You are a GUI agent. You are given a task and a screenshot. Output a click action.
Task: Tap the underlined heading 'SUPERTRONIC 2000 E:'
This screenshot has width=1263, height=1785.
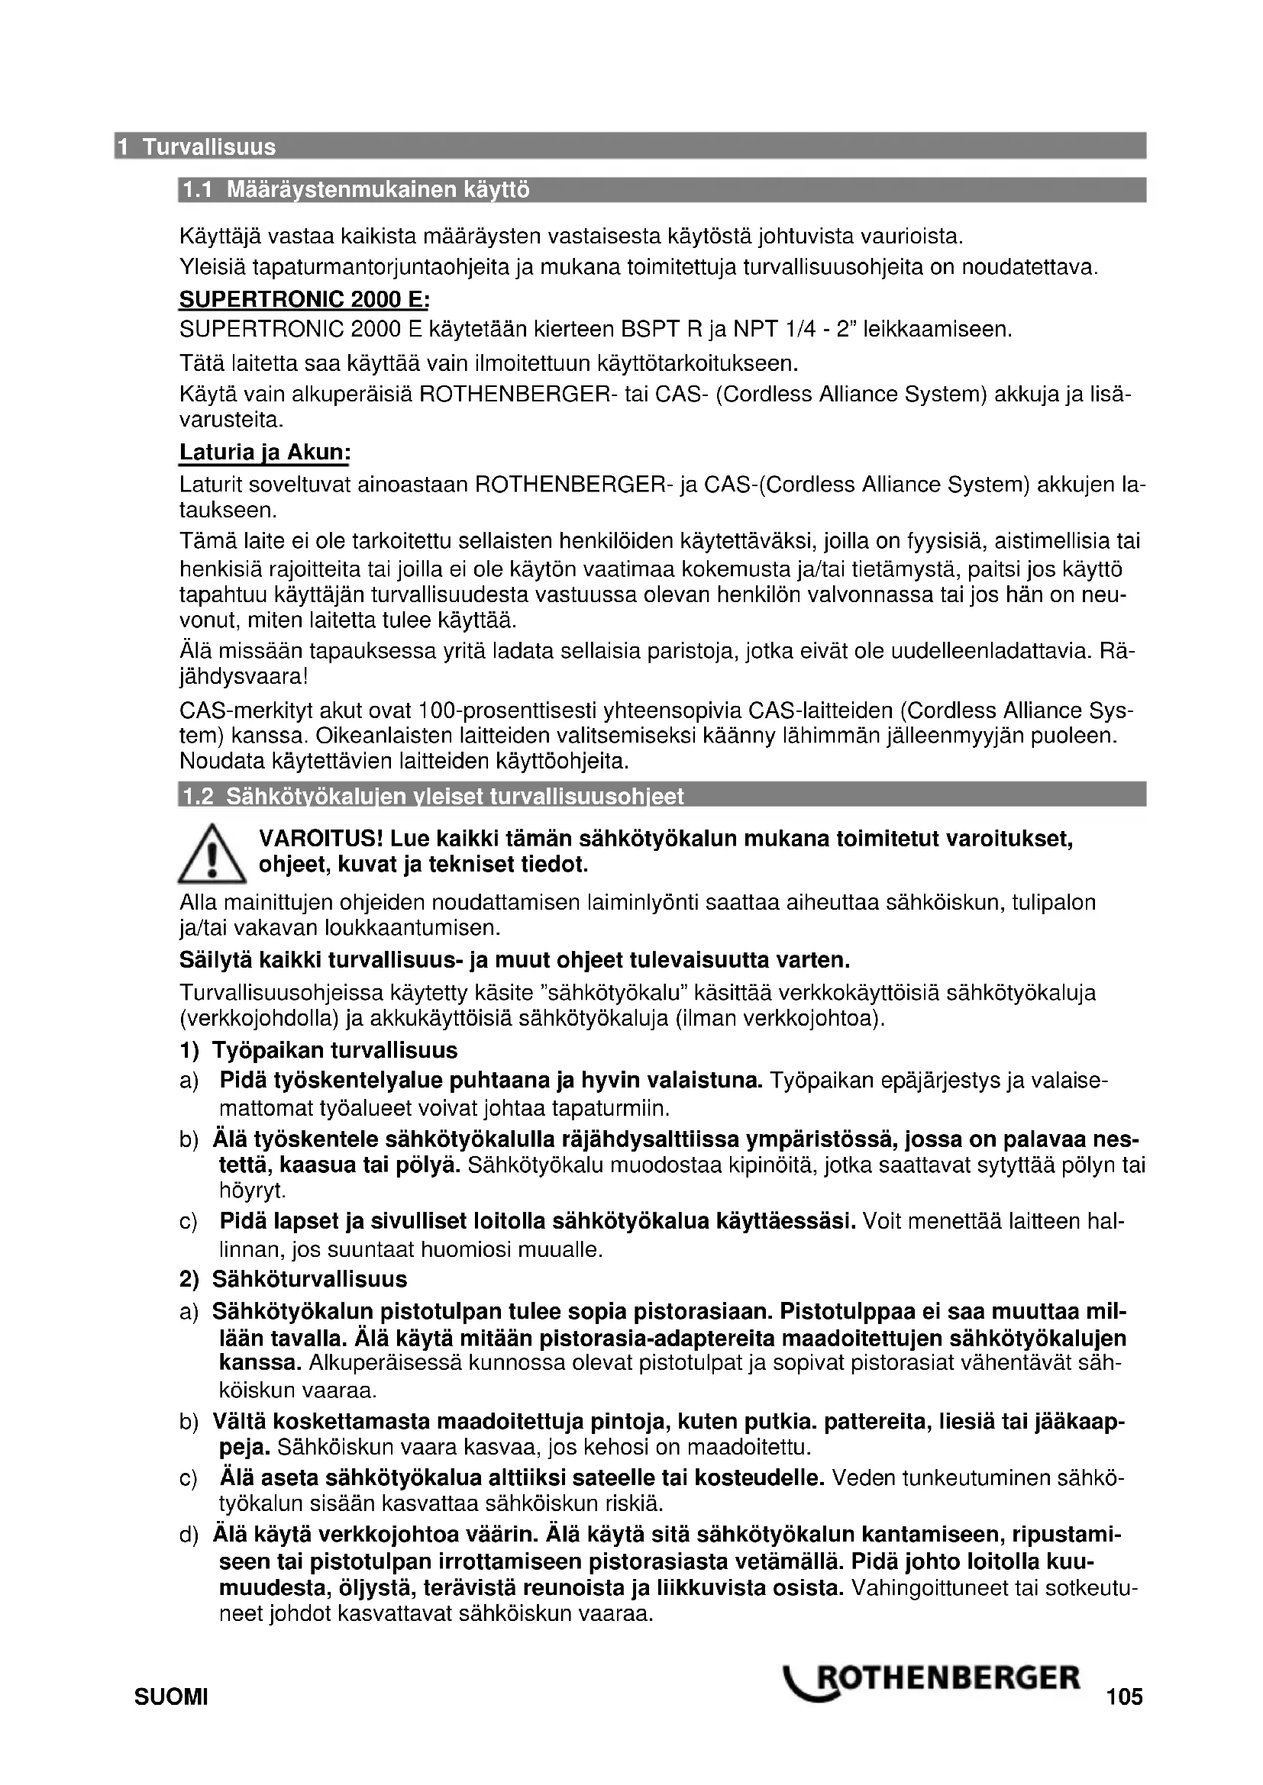click(304, 300)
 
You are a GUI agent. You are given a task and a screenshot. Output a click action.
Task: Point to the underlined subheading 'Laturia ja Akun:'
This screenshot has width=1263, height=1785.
click(264, 453)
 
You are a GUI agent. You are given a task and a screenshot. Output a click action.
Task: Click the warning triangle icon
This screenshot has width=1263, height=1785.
click(212, 856)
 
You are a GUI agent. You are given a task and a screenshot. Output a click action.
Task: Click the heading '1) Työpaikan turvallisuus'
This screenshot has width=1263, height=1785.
click(319, 1051)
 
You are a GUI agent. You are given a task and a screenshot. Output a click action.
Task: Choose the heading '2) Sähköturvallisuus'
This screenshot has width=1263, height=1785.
click(293, 1279)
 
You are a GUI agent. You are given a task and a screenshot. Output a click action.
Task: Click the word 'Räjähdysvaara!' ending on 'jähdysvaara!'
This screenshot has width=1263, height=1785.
click(244, 677)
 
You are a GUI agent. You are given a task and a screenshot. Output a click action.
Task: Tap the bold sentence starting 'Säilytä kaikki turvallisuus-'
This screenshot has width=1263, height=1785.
click(515, 960)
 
